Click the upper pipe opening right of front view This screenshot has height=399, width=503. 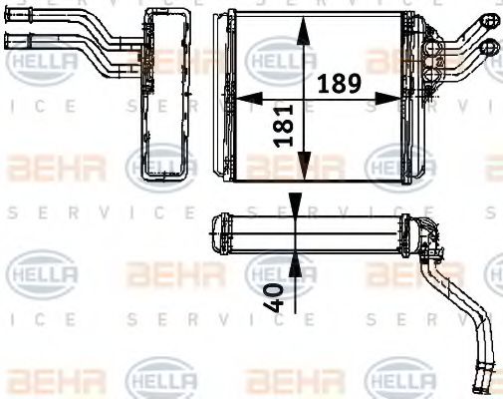(x=490, y=20)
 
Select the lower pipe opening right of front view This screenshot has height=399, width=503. (x=488, y=46)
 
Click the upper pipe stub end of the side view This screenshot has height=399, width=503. (x=12, y=17)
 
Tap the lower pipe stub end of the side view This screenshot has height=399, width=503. (x=12, y=41)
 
